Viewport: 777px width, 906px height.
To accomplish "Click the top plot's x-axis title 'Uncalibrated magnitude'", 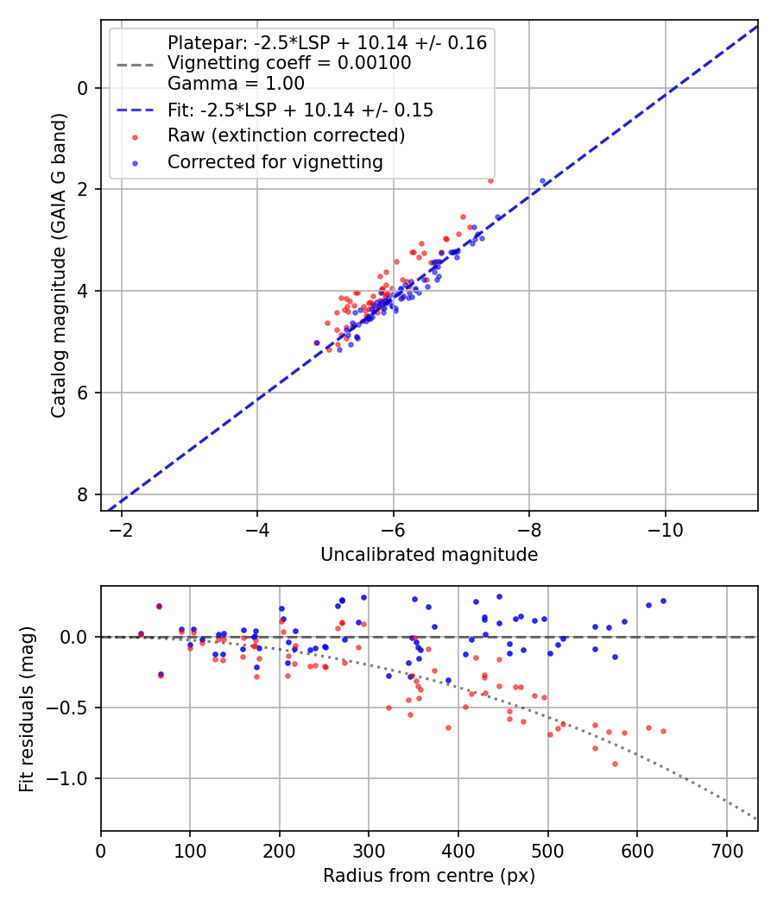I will click(429, 555).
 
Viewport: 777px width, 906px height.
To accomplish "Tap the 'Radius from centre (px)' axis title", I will click(429, 876).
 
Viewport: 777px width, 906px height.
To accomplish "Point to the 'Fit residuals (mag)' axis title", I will click(27, 708).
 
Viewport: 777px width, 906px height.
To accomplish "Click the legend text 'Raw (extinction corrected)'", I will click(286, 135).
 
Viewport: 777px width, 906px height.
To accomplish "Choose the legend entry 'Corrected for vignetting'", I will click(275, 161).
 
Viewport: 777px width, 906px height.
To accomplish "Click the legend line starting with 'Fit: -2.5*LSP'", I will click(300, 110).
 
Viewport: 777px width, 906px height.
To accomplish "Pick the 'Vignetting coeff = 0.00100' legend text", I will click(289, 63).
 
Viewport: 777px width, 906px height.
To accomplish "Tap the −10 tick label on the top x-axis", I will click(665, 527).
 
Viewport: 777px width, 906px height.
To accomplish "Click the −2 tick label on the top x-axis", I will click(122, 527).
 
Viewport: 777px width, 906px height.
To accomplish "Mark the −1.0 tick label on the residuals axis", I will click(71, 778).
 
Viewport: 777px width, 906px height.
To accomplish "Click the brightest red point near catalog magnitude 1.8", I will click(490, 180).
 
